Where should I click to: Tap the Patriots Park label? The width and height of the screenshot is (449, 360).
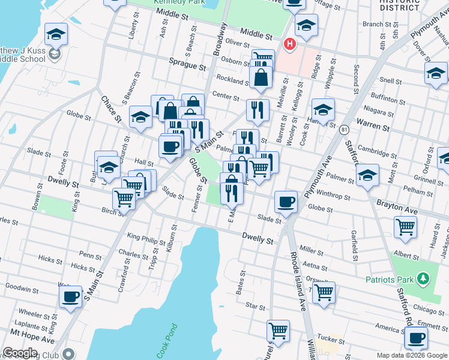(388, 280)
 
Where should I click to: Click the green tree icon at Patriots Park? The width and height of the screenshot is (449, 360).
(423, 278)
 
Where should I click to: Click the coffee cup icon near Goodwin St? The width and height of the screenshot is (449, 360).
(70, 296)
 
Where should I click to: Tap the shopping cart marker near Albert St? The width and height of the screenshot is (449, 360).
(406, 227)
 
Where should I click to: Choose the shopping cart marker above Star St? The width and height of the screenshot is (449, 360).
(324, 293)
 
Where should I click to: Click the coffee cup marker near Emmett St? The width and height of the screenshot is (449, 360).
(415, 337)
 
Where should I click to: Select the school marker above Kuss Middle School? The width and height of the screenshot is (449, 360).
(56, 34)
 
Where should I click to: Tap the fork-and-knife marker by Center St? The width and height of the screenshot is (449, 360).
(258, 109)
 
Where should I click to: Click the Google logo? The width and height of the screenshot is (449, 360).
(20, 353)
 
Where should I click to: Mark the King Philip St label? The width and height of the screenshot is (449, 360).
(146, 241)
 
